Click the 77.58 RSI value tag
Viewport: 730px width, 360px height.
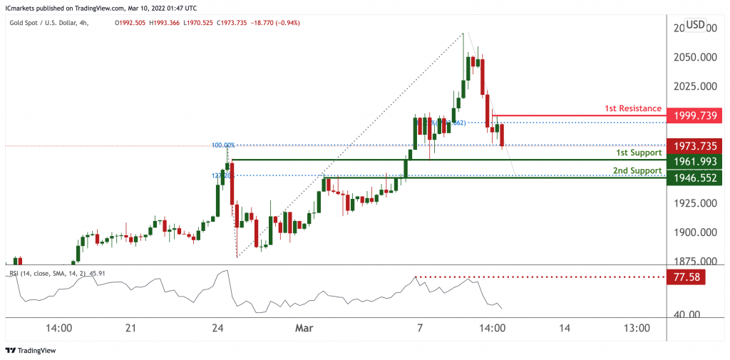tap(684, 277)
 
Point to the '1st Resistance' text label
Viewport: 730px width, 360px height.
tap(633, 108)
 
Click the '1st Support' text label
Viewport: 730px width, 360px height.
tap(639, 153)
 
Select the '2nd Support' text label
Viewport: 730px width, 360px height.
tap(637, 171)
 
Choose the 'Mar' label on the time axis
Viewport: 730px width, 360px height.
tap(304, 328)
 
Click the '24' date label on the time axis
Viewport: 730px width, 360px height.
tap(218, 328)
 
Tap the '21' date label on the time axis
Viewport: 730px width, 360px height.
tap(130, 328)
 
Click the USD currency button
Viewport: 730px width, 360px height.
tap(696, 25)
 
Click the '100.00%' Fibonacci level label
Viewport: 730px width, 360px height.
tap(223, 145)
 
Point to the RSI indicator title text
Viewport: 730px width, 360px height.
tap(53, 272)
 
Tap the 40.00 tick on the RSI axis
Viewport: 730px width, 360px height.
tap(688, 314)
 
